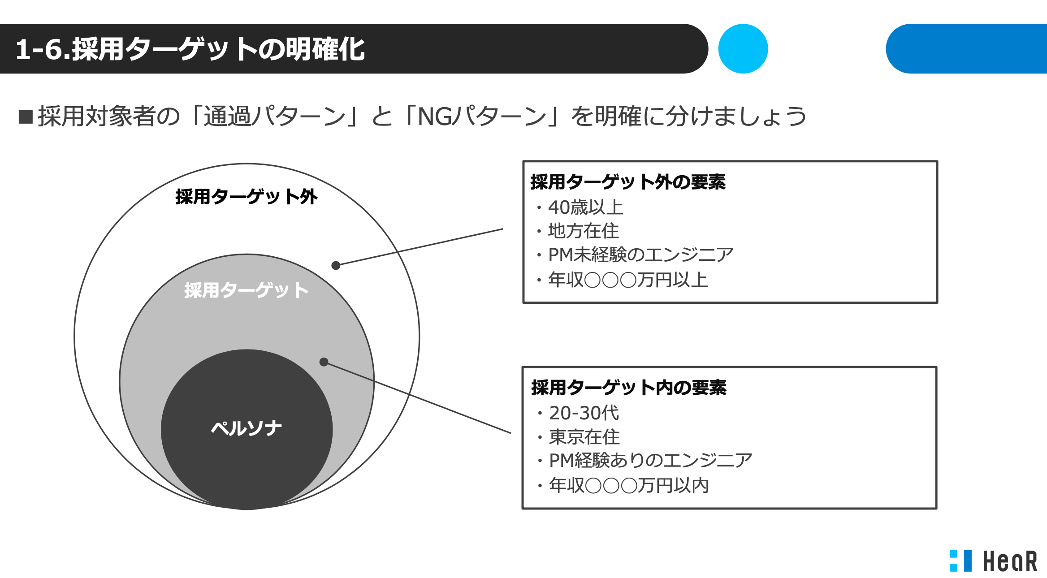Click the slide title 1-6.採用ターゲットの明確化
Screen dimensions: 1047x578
[x=190, y=49]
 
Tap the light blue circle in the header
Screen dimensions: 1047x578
[x=743, y=49]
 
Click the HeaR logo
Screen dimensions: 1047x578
[x=993, y=561]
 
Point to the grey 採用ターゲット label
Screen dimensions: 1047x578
[x=247, y=290]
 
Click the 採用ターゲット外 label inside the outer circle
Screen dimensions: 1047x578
[x=247, y=197]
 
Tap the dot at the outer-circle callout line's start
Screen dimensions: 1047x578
[x=336, y=266]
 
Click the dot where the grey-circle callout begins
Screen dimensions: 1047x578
[x=324, y=362]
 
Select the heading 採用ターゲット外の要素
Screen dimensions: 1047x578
[x=628, y=182]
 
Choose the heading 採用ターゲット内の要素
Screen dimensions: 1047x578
[x=629, y=388]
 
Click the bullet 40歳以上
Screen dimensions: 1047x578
[x=580, y=207]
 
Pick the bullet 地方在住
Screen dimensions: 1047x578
[x=578, y=231]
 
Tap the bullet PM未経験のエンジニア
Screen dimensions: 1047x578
[x=635, y=255]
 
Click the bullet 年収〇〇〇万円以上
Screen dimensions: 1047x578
[x=623, y=280]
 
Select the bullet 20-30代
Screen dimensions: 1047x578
[x=579, y=413]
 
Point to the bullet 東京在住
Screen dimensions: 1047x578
[x=579, y=437]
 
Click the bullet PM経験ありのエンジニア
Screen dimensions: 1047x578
[x=645, y=461]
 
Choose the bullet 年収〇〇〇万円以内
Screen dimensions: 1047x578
[x=623, y=486]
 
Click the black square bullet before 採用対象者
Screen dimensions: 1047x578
[x=26, y=116]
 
